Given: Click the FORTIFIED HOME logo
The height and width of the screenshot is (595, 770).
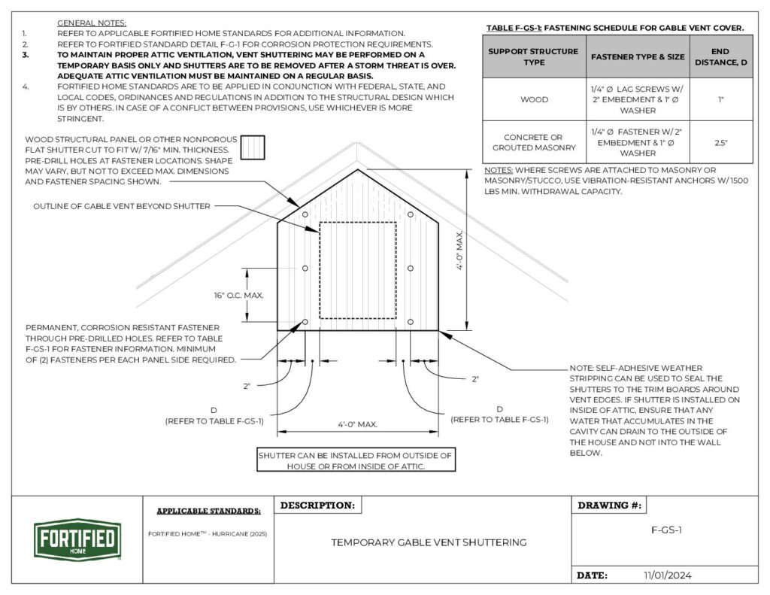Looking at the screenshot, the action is click(x=75, y=539).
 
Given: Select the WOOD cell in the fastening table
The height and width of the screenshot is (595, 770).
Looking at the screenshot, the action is click(x=534, y=99).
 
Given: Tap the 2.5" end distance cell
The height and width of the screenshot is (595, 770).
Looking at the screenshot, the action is click(x=720, y=142).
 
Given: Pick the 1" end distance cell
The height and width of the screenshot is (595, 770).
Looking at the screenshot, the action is click(x=720, y=99).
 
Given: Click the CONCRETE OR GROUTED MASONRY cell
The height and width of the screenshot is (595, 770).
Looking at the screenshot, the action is click(x=534, y=142).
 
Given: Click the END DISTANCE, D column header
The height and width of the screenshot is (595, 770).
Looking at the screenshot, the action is click(x=720, y=57).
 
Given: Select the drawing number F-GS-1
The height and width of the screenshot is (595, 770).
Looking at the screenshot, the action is click(x=665, y=530).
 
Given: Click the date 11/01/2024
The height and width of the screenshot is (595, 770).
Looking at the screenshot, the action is click(x=667, y=575).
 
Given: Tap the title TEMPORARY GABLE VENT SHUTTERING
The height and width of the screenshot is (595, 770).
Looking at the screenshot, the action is click(x=429, y=542).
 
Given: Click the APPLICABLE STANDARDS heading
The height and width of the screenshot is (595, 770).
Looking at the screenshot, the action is click(x=209, y=512).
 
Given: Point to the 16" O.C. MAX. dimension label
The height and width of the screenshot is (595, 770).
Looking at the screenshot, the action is click(x=238, y=296).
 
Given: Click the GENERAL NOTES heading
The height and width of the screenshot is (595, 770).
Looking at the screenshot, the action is click(x=92, y=23).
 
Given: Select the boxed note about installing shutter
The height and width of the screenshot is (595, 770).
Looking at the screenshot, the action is click(x=356, y=460).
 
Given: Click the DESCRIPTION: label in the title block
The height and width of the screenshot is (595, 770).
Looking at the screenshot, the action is click(x=318, y=505).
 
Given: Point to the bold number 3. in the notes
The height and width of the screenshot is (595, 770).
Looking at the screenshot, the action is click(x=25, y=55).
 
